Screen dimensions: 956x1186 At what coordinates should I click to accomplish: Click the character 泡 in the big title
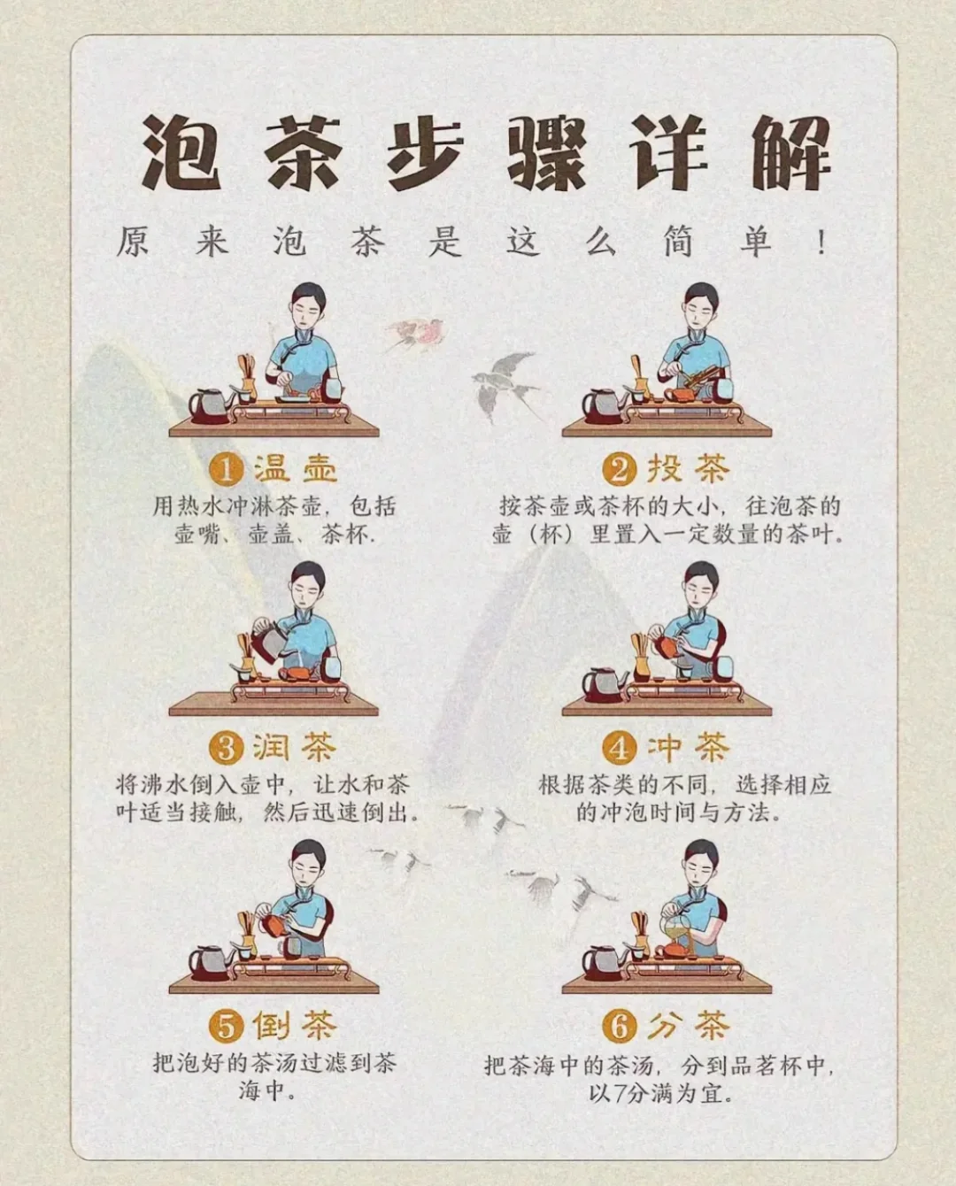[x=181, y=152]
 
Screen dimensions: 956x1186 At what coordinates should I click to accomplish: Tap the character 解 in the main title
[x=790, y=152]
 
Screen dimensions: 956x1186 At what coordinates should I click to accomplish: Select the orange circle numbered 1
[x=227, y=470]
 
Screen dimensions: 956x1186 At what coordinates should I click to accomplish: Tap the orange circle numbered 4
[x=620, y=749]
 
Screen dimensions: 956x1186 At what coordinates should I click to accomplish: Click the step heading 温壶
[x=295, y=469]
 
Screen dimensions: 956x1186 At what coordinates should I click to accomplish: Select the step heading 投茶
[x=689, y=469]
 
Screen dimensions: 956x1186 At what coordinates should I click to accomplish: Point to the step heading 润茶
[x=295, y=748]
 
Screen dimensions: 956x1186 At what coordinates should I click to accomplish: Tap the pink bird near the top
[x=416, y=334]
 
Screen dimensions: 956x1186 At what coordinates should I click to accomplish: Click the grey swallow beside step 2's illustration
[x=505, y=386]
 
